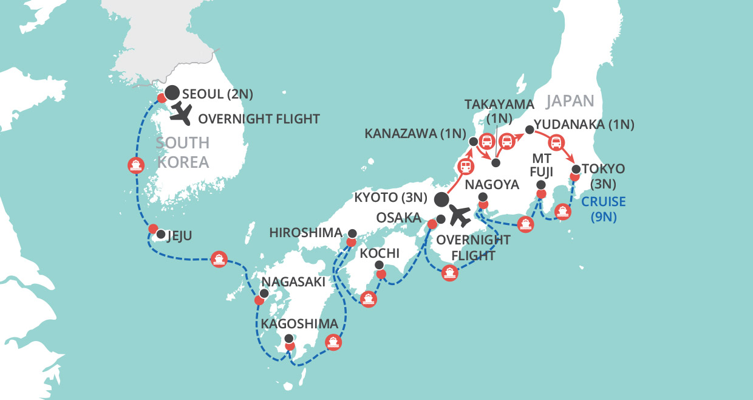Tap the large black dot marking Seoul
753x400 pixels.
point(172,92)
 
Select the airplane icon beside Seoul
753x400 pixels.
point(182,112)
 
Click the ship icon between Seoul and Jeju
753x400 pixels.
point(135,165)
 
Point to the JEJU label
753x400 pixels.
point(180,235)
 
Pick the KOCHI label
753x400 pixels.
point(380,253)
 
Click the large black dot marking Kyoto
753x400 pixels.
point(441,199)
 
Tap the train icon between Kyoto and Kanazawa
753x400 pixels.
point(466,165)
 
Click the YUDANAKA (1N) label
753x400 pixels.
point(587,125)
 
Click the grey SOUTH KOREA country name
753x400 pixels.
point(182,153)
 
